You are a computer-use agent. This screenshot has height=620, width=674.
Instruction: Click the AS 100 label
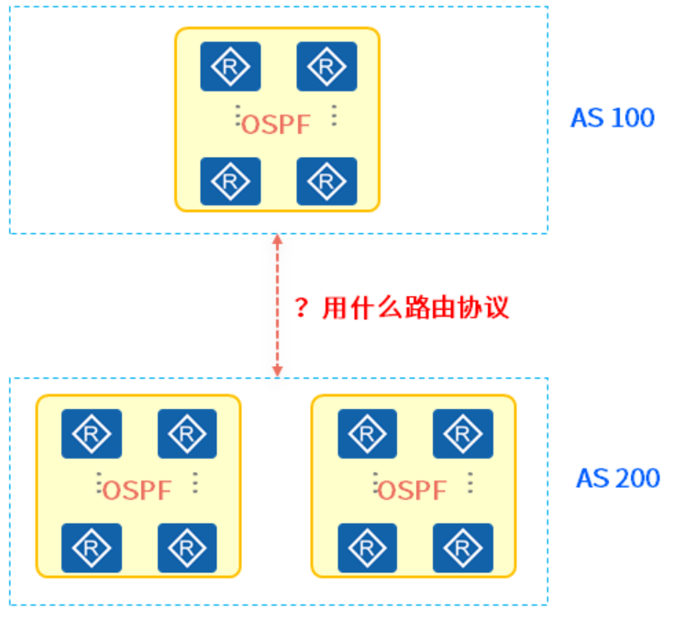coord(613,118)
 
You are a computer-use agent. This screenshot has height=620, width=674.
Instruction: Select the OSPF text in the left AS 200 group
coord(137,491)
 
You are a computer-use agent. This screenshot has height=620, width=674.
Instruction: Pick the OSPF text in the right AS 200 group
coord(412,491)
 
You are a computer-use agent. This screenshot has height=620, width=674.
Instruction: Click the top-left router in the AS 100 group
coord(230,66)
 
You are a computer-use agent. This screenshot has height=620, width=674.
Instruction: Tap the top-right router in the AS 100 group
coord(326,66)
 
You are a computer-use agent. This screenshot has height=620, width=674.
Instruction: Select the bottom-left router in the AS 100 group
coord(230,181)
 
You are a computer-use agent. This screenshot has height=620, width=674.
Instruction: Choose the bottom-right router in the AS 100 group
coord(326,181)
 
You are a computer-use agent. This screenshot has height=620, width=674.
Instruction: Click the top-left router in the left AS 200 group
coord(91,433)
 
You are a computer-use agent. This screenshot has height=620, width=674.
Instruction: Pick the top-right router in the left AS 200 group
coord(187,433)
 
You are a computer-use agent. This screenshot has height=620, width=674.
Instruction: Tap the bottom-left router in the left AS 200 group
coord(91,548)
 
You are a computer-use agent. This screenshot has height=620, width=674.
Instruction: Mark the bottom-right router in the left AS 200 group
coord(187,548)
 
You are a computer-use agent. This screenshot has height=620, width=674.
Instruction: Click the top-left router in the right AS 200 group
coord(367,433)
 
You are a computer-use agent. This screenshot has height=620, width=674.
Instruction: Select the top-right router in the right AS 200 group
coord(462,433)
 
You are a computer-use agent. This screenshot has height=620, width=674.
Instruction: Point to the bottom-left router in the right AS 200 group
coord(367,548)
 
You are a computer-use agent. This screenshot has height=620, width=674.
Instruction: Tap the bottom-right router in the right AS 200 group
coord(462,548)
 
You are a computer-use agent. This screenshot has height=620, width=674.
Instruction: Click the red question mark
coord(302,308)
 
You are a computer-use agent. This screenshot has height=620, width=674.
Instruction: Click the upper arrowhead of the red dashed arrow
coord(277,241)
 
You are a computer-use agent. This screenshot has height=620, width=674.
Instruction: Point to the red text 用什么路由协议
coord(415,308)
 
